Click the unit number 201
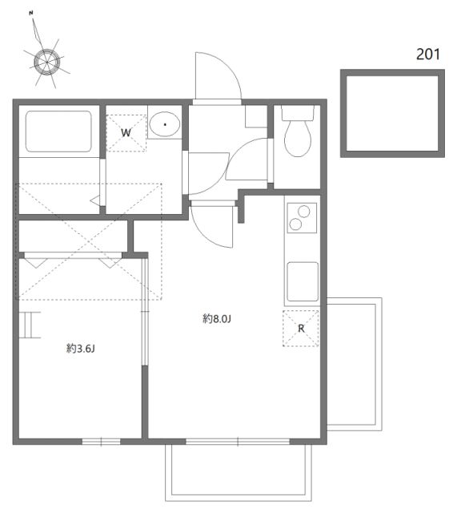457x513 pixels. [429, 55]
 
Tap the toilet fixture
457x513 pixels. [298, 134]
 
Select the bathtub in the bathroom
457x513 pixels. [59, 131]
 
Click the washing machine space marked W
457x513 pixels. [126, 131]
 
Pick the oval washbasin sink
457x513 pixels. [165, 125]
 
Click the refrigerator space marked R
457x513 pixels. [301, 328]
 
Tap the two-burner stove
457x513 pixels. [301, 217]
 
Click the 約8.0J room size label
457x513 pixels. [216, 319]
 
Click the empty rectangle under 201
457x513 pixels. [391, 113]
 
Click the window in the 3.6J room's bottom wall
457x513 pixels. [102, 441]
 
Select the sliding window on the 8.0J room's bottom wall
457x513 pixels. [238, 441]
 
